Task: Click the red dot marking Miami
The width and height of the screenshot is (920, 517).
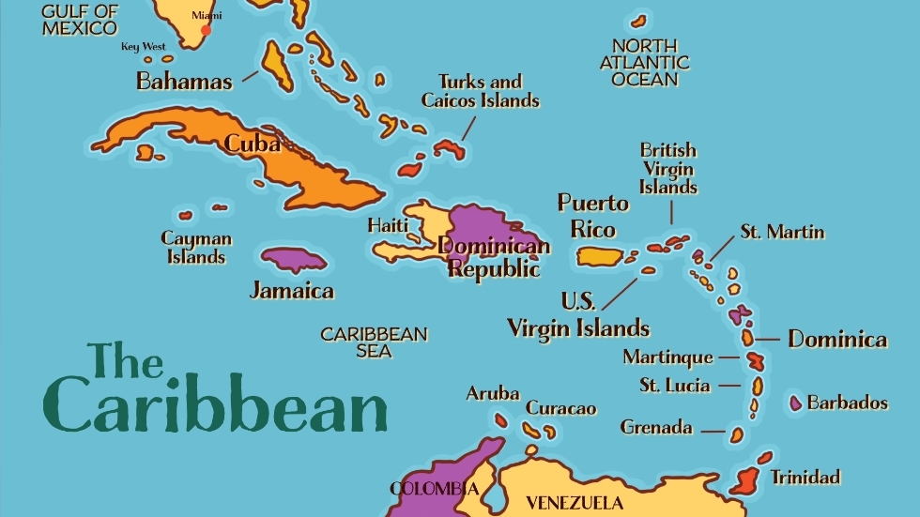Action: pyautogui.click(x=206, y=30)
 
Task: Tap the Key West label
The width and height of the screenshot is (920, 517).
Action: pyautogui.click(x=143, y=47)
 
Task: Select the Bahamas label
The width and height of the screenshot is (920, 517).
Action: pyautogui.click(x=184, y=82)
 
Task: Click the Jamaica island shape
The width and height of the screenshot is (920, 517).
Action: pyautogui.click(x=293, y=259)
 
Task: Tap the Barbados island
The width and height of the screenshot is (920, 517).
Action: pyautogui.click(x=796, y=403)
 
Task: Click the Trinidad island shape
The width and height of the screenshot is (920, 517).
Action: pyautogui.click(x=744, y=480)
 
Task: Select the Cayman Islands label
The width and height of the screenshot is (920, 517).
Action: pyautogui.click(x=196, y=248)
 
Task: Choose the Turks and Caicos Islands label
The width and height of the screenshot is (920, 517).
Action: pyautogui.click(x=480, y=91)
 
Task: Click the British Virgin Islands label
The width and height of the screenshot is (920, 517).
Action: pyautogui.click(x=668, y=168)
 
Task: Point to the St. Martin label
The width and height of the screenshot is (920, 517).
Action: pyautogui.click(x=782, y=232)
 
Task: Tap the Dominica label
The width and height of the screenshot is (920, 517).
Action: pyautogui.click(x=837, y=339)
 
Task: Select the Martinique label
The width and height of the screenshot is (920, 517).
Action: pyautogui.click(x=668, y=357)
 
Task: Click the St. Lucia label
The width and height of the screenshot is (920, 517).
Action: pyautogui.click(x=675, y=386)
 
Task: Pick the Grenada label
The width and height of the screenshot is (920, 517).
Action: pyautogui.click(x=656, y=428)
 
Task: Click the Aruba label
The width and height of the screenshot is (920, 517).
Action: pyautogui.click(x=493, y=393)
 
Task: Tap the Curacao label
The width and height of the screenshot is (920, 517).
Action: pyautogui.click(x=560, y=408)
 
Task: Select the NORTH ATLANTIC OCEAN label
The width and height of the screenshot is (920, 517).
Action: pyautogui.click(x=644, y=63)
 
